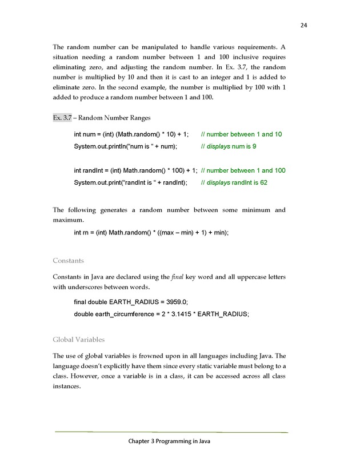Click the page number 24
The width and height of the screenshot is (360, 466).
[x=304, y=25]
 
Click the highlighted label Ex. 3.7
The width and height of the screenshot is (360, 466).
[x=62, y=118]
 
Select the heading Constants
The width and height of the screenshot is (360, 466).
[x=69, y=261]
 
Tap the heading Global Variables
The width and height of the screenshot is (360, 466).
[x=79, y=340]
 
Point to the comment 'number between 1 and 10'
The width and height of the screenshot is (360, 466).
[x=242, y=134]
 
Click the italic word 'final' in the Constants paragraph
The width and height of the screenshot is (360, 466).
[x=177, y=277]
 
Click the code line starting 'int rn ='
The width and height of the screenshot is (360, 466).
[x=151, y=233]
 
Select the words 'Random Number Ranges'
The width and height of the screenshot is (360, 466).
[x=114, y=118]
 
